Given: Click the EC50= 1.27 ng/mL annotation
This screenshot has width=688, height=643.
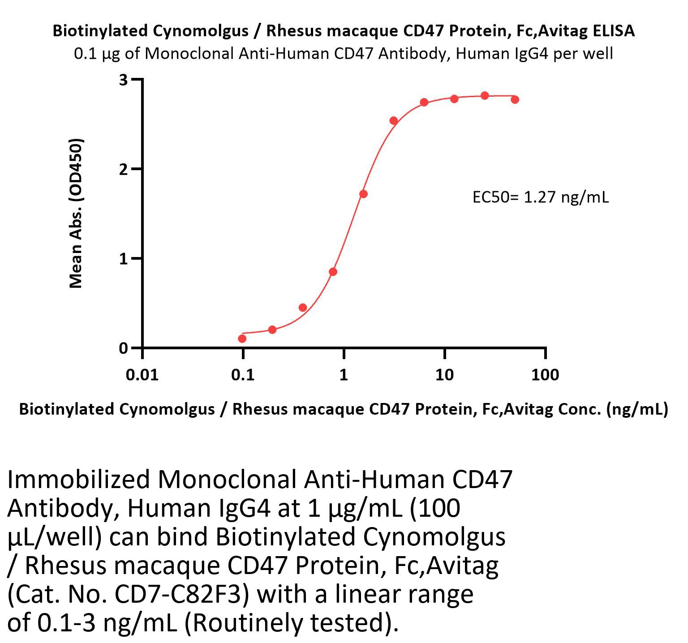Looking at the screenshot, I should tap(541, 197).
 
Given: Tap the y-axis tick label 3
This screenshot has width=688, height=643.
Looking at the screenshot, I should tap(123, 80).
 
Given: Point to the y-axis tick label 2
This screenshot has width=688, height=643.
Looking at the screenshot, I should tap(123, 169).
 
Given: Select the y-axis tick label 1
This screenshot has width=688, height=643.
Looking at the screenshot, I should tap(123, 258).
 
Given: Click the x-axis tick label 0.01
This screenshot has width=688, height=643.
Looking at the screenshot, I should tap(142, 374).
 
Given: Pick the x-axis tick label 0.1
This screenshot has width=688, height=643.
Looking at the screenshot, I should tap(243, 374).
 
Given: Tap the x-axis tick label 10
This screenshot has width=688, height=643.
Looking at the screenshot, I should tap(444, 374).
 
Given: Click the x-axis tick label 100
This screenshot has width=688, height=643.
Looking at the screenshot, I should tap(545, 374).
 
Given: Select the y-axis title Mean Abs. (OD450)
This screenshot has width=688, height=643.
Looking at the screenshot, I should tap(76, 214).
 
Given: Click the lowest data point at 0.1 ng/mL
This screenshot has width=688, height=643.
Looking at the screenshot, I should tap(242, 339).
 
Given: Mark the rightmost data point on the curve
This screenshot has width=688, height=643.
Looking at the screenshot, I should tap(515, 99).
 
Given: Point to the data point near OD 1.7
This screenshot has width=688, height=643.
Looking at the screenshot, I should tap(363, 194).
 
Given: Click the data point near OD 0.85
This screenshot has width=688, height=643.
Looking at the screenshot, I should tap(333, 272).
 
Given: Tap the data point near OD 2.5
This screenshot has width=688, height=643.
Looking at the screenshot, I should tap(394, 120).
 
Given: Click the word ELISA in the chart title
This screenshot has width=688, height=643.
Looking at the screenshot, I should tap(613, 31).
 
